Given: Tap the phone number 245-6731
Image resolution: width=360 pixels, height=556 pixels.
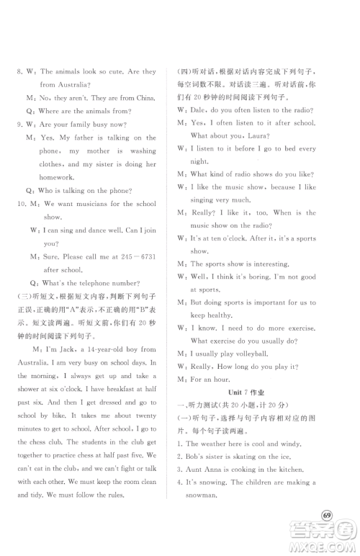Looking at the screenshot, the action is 140,256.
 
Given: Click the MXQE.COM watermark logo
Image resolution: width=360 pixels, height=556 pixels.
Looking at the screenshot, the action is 324,537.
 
